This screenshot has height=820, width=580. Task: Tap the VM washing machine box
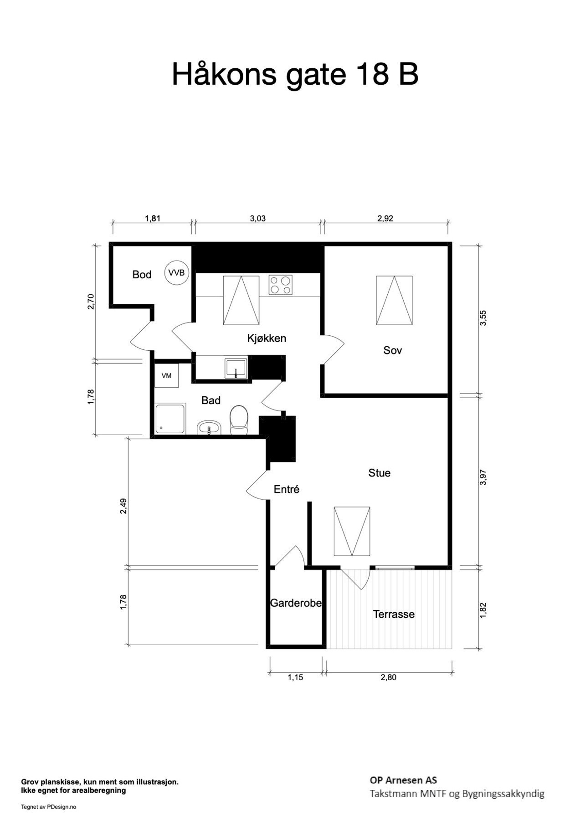coord(166,375)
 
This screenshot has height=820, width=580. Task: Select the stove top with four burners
coord(280,285)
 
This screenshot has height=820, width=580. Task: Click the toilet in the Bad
coord(239,420)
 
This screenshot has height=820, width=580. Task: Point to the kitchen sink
coord(236,368)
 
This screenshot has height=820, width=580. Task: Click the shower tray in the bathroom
coord(170,419)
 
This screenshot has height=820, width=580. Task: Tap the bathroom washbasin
coord(209,428)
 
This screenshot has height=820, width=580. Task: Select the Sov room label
coord(393,350)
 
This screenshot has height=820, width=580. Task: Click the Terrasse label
coord(394,614)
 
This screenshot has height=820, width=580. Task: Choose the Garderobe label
coord(296,603)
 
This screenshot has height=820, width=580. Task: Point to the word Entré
coord(287,489)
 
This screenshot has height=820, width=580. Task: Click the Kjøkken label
coord(267,338)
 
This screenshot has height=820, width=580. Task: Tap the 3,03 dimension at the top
coord(258,218)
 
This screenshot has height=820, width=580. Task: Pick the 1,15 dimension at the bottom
coord(295,677)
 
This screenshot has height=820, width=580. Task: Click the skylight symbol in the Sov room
coord(395,300)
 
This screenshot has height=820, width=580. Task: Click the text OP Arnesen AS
coord(403,780)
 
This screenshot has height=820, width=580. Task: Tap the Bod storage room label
coord(142,274)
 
